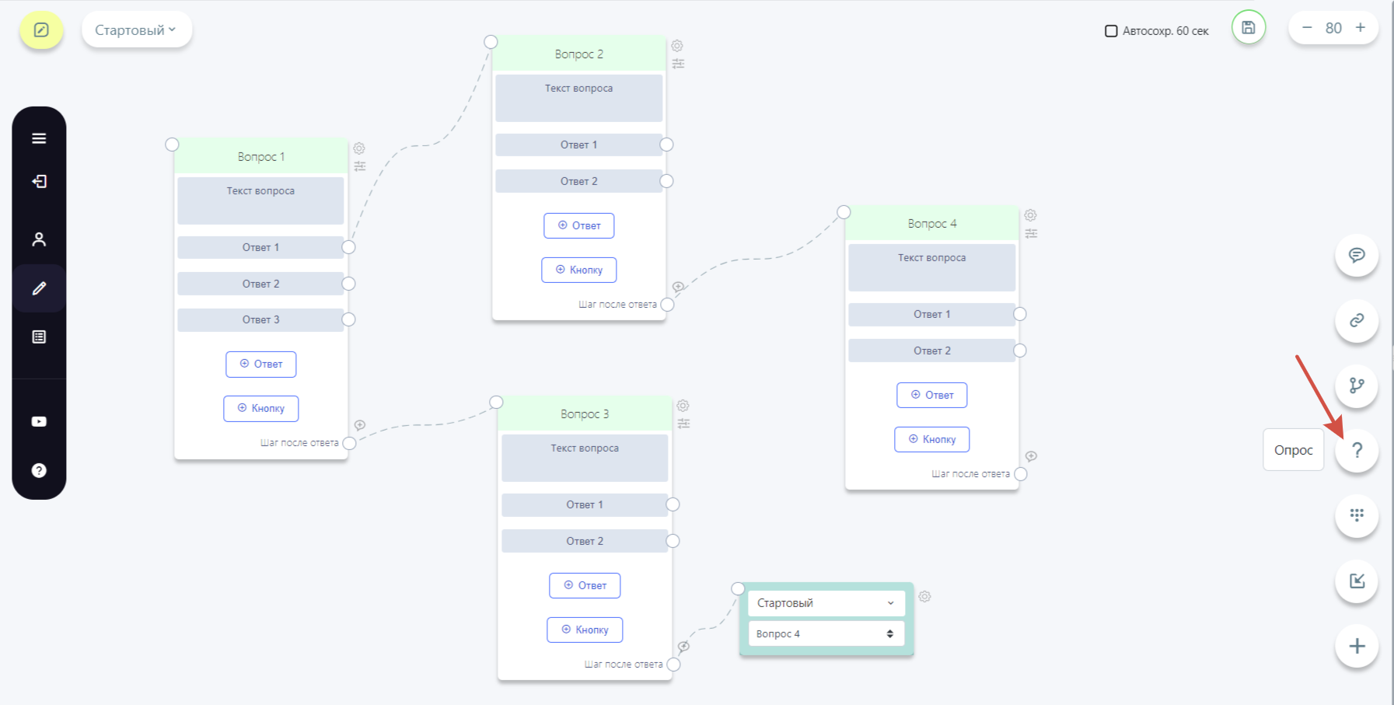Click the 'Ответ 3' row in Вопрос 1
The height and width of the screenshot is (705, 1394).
[260, 319]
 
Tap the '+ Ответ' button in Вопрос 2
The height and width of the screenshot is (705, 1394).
[579, 225]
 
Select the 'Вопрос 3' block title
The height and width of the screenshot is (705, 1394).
[585, 414]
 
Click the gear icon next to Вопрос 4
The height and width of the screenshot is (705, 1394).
[1030, 215]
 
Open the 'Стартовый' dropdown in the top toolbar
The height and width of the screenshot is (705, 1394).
[136, 30]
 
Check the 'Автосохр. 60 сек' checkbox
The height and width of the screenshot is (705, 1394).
[1111, 31]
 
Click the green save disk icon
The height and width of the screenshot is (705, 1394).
[1249, 28]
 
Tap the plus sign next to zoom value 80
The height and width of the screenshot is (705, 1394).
[1361, 28]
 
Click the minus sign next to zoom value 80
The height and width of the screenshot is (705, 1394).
[1307, 28]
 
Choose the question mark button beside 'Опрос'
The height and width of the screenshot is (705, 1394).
[1357, 450]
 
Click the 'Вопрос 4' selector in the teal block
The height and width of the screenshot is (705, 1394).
[826, 633]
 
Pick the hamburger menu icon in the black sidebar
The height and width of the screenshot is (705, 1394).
[39, 138]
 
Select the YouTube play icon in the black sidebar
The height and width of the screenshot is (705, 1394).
[39, 421]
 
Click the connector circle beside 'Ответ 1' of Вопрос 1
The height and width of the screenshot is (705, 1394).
[349, 247]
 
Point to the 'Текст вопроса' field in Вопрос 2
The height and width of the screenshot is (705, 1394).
[579, 98]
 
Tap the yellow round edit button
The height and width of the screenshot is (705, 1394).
[41, 30]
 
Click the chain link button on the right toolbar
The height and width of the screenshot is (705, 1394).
[1357, 320]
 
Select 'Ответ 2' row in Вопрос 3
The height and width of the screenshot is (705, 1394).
[585, 541]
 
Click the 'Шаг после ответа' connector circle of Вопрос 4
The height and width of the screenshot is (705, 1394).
[1021, 474]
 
